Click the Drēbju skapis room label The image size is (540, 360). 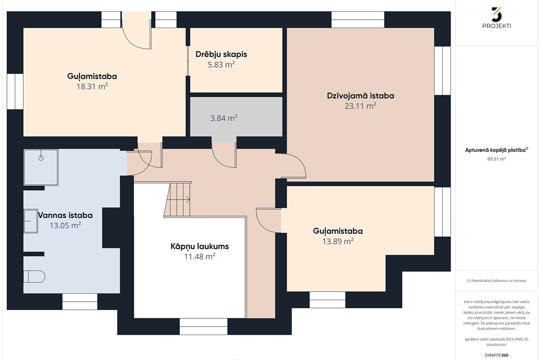point(221,55)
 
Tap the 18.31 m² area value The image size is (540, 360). point(92,87)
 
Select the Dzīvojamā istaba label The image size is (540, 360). point(361,96)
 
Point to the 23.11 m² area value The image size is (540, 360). point(360,106)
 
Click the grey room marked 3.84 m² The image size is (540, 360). point(236,117)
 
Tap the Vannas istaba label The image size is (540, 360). point(65,215)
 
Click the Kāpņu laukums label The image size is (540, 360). point(200,246)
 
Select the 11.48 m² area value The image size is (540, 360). point(200,256)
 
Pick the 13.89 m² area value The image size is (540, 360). point(338,241)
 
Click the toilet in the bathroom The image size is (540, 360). point(34,277)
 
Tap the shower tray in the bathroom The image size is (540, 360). point(40,168)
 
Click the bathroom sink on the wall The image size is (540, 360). point(30,221)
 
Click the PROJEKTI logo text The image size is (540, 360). point(497,26)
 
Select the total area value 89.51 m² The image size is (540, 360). point(496,159)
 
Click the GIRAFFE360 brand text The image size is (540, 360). point(496,355)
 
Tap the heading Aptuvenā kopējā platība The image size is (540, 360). point(496,150)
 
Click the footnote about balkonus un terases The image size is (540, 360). point(496,281)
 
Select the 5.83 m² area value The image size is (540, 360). point(221,65)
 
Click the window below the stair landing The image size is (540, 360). point(203,327)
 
